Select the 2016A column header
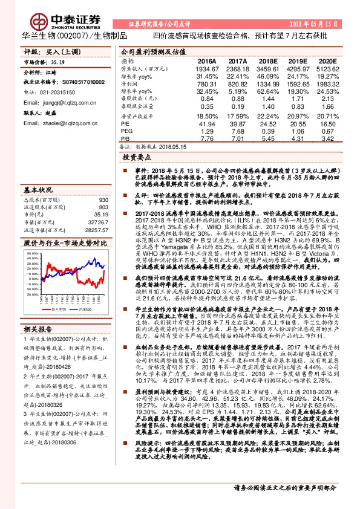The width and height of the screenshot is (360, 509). (x=207, y=62)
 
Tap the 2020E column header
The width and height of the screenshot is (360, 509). (x=327, y=62)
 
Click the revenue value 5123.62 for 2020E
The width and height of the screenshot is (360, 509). (x=327, y=70)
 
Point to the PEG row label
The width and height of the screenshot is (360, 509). (x=126, y=131)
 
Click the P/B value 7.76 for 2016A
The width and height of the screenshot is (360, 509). (x=207, y=138)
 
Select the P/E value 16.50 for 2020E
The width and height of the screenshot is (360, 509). (x=327, y=123)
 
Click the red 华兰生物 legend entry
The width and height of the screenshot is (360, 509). (x=54, y=308)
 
